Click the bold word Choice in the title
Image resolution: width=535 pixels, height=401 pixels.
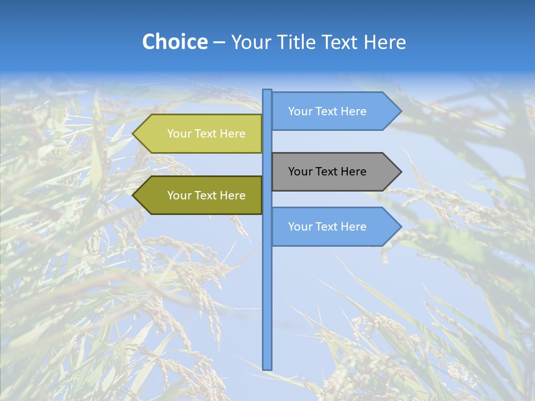(x=175, y=42)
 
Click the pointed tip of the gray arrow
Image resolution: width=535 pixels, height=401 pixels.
(x=400, y=172)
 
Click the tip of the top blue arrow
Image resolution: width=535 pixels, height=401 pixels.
(x=400, y=111)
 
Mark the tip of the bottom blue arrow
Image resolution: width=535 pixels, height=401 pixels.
(x=400, y=227)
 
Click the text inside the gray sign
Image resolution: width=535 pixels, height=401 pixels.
(x=327, y=172)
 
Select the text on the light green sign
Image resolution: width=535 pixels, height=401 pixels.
(x=206, y=134)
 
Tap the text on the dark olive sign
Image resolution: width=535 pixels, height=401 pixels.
(x=206, y=195)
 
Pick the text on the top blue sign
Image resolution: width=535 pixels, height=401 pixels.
(x=327, y=111)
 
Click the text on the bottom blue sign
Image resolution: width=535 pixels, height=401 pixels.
(x=327, y=227)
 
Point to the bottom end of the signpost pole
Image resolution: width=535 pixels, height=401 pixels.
(x=267, y=368)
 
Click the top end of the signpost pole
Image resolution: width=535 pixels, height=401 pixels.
(x=267, y=91)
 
